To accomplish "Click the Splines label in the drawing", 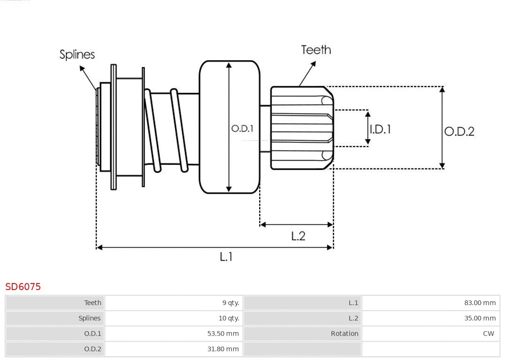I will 77,54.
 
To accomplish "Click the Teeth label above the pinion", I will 316,50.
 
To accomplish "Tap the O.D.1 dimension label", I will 242,129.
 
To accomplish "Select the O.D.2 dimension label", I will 459,131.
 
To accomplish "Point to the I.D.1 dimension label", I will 380,129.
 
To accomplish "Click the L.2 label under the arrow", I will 298,236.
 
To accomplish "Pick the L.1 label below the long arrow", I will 226,257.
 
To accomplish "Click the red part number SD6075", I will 23,286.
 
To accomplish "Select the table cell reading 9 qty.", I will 230,303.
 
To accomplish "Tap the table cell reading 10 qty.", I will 229,318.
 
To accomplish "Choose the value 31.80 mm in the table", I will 224,349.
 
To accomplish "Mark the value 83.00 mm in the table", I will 480,303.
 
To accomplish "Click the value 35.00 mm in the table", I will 480,318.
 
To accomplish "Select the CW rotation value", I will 488,334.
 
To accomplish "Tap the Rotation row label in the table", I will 344,334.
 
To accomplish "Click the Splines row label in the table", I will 89,318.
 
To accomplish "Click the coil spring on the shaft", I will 164,129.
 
